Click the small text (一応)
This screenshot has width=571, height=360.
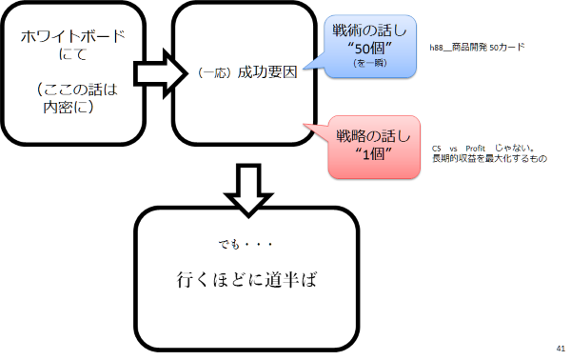pos(215,72)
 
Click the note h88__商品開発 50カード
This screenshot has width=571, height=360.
pos(477,47)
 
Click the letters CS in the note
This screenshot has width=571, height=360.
pos(436,150)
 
